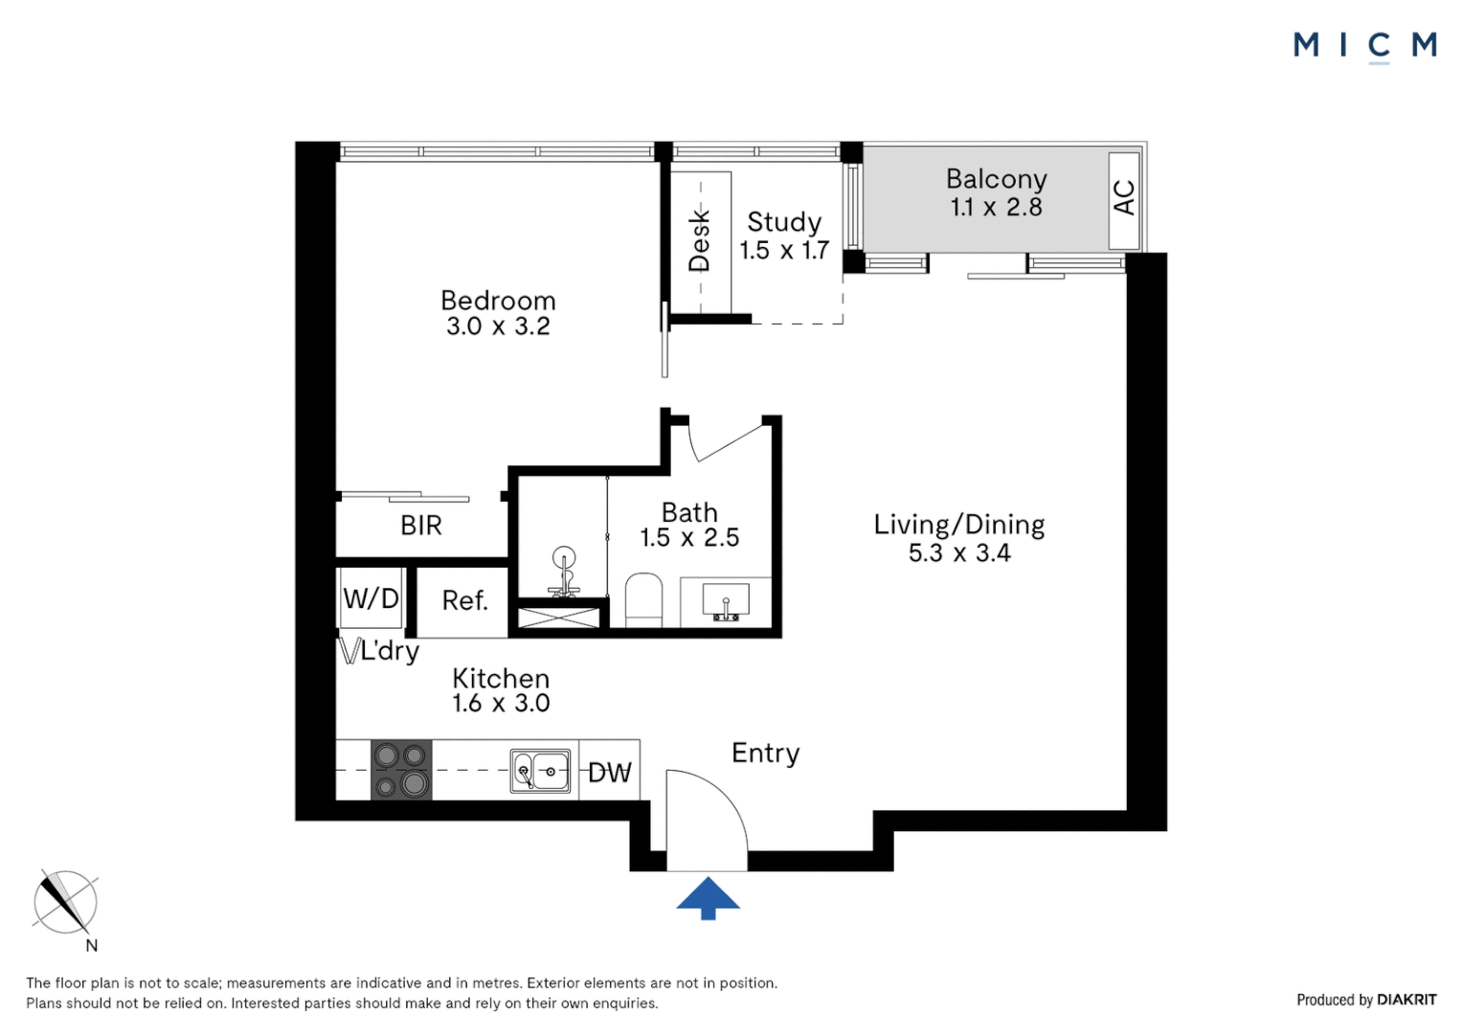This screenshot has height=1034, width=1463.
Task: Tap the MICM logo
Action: coord(1365,46)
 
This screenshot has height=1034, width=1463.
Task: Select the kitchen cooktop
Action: coord(401,770)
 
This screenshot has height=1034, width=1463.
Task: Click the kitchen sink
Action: coord(539,771)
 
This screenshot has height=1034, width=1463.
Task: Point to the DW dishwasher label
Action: coord(609,773)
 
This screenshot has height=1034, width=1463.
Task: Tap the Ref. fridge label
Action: coord(464,600)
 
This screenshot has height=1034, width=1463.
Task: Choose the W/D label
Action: coord(371,598)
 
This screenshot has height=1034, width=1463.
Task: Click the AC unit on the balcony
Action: coord(1124,200)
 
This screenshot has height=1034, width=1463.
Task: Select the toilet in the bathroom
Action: coord(643,600)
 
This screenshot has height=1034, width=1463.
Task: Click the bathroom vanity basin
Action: coord(726,601)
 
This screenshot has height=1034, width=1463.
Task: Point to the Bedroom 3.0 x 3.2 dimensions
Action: coord(498,326)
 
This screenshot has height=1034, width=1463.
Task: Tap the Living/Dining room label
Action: coord(958,525)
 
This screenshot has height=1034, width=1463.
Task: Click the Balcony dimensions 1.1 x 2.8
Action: coord(996,207)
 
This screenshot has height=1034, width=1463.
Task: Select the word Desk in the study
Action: coord(700,240)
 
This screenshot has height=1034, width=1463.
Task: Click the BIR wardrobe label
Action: coord(420,526)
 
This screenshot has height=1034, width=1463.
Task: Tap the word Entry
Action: coord(765,753)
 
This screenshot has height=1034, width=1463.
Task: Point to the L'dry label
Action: coord(390,651)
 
